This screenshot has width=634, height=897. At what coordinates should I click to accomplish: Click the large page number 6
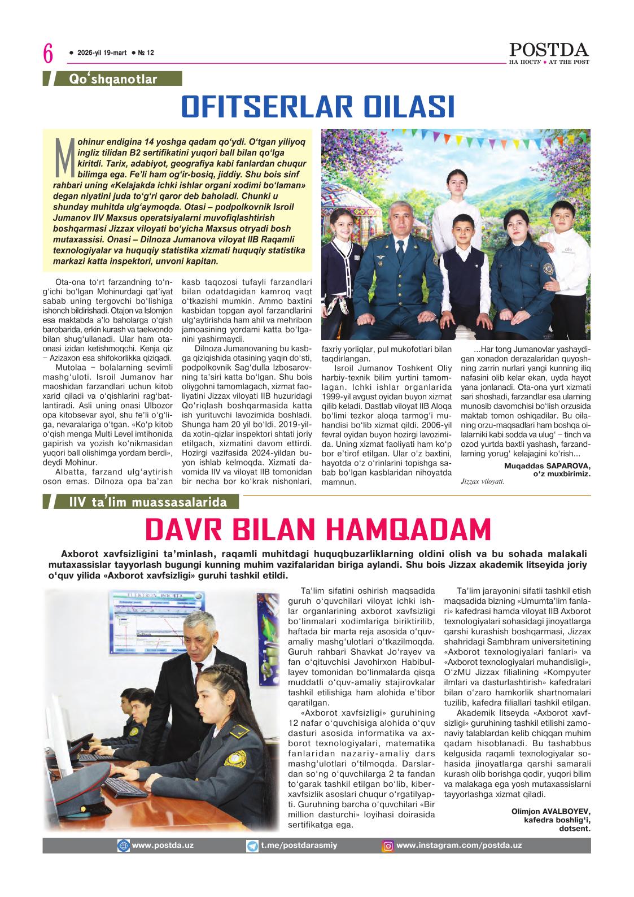pos(48,54)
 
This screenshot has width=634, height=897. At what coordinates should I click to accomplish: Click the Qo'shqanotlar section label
pos(113,80)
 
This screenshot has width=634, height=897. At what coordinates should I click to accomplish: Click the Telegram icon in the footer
pos(252,846)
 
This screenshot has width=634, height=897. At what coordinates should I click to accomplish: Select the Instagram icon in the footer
pos(388,846)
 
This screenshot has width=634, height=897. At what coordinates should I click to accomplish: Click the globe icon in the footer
pos(123,846)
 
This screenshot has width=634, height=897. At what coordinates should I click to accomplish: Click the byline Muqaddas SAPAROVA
pos(546,465)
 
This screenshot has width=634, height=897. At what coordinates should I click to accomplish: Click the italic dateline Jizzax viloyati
pos(482,482)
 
